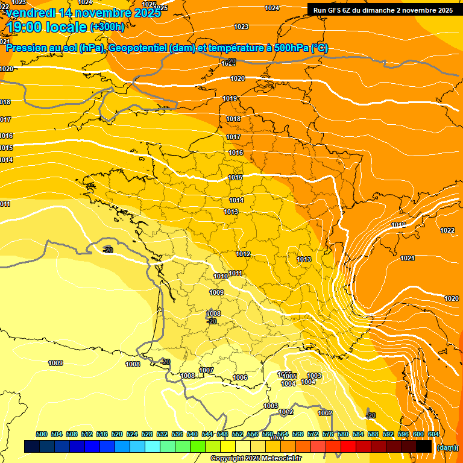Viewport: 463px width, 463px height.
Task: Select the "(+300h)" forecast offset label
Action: pyautogui.click(x=107, y=27)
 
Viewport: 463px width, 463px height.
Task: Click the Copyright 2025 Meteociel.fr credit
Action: pyautogui.click(x=256, y=459)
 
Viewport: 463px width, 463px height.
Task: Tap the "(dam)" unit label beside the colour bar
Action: pyautogui.click(x=446, y=447)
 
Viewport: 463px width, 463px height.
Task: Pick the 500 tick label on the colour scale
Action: pyautogui.click(x=42, y=434)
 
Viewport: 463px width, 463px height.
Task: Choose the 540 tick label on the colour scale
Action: pyautogui.click(x=192, y=434)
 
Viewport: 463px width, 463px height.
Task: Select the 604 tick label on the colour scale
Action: pyautogui.click(x=433, y=434)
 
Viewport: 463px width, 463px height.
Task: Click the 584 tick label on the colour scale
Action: pyautogui.click(x=358, y=434)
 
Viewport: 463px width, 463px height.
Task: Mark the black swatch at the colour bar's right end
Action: pyautogui.click(x=424, y=446)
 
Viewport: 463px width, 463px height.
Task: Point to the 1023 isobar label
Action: pyautogui.click(x=241, y=27)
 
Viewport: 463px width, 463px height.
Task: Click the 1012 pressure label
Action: pyautogui.click(x=243, y=254)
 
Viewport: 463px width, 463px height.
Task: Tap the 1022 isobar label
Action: pyautogui.click(x=447, y=230)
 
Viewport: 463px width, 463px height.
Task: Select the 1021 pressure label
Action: pyautogui.click(x=408, y=258)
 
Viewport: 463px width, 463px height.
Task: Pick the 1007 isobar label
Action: pyautogui.click(x=206, y=370)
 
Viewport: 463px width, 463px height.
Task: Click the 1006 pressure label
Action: pyautogui.click(x=240, y=377)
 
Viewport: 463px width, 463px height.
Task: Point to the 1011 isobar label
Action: pyautogui.click(x=236, y=273)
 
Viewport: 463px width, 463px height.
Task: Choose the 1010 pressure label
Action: pyautogui.click(x=221, y=276)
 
